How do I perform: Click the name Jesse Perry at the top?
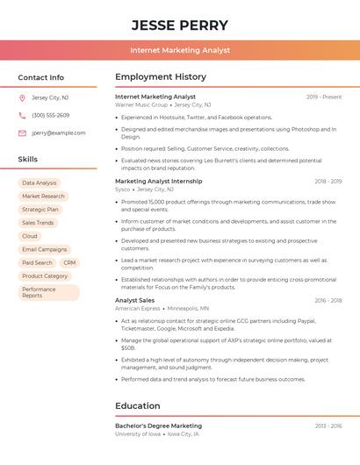180,25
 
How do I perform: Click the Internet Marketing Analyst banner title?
180,50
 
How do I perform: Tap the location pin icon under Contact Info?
22,97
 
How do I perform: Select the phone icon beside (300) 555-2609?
22,115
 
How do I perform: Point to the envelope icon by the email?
22,132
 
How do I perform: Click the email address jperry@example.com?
59,132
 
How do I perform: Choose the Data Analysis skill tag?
40,183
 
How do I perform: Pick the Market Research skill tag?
43,197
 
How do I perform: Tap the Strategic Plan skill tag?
40,210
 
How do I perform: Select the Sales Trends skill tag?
38,223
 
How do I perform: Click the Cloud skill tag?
30,236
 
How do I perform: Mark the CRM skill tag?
69,262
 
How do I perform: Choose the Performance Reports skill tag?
48,292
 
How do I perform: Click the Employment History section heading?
161,76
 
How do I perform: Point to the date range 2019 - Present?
324,97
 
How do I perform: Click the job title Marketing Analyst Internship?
158,181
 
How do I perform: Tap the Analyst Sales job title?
134,300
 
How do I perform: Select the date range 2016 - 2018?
328,300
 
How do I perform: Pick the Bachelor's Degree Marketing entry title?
158,426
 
